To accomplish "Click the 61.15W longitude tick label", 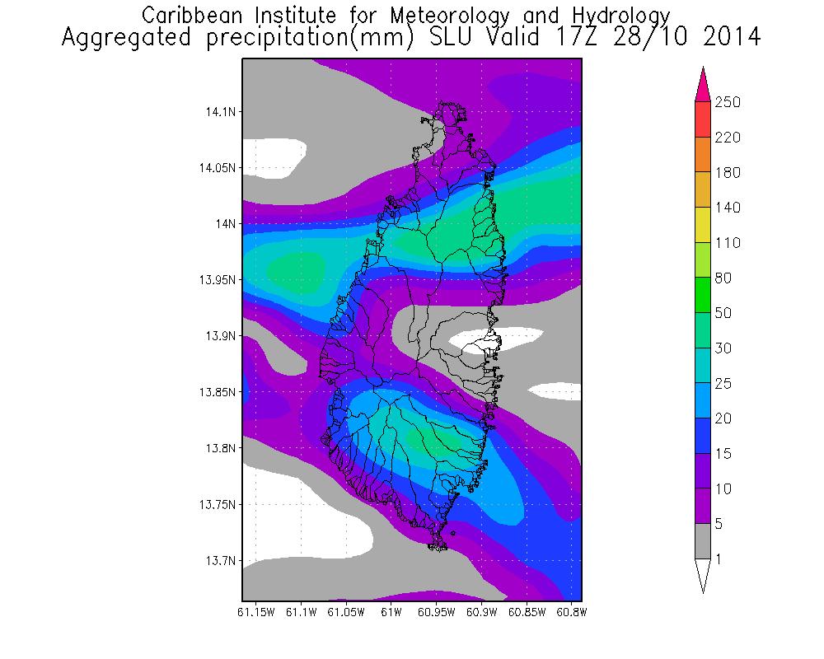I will (x=255, y=613).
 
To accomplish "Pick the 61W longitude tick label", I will (x=391, y=613).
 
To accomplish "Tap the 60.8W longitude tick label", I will (x=570, y=613).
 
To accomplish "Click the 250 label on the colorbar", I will (x=728, y=102).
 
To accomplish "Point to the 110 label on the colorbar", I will (x=728, y=243).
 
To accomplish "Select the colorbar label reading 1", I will (x=719, y=559).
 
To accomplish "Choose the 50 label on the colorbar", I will (x=724, y=313).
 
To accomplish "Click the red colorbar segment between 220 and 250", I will (x=703, y=119).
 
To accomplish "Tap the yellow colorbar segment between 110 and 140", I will (x=703, y=225).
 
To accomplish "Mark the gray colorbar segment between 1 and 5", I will (x=703, y=541).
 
